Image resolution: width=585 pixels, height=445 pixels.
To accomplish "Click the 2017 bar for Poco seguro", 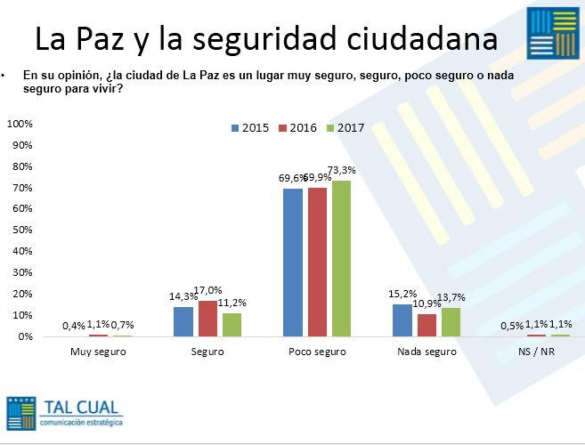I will [x=341, y=258].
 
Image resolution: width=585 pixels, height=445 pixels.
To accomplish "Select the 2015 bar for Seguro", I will [x=183, y=321].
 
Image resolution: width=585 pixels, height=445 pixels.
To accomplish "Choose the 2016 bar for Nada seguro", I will [x=427, y=325].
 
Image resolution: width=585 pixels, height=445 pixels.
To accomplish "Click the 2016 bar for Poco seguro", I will [x=317, y=262].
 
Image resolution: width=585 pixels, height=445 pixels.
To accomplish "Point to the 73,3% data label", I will [x=343, y=169].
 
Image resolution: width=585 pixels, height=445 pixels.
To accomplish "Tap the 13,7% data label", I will [x=451, y=296].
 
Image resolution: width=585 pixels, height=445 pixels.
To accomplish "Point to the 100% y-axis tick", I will [x=20, y=123].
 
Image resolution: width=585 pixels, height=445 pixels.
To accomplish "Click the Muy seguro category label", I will [x=98, y=352].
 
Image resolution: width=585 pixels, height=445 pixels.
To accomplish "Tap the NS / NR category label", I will [x=536, y=352].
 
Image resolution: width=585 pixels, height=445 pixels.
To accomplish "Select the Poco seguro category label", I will [x=317, y=352].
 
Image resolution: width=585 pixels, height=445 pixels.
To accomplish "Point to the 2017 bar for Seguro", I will [x=232, y=324].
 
